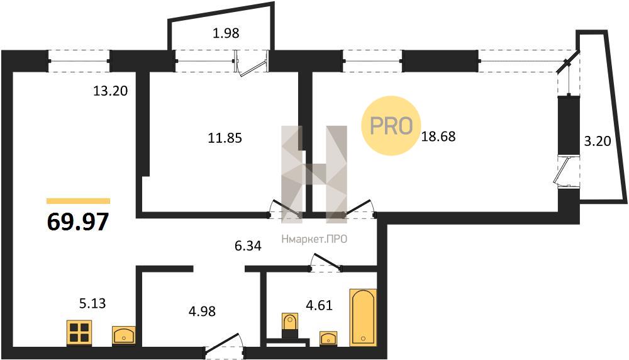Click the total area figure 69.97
(x=78, y=222)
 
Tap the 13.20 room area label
(x=110, y=91)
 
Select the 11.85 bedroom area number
(x=225, y=138)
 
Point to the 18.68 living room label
(x=438, y=137)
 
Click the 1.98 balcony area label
(x=226, y=33)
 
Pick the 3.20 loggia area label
(x=598, y=141)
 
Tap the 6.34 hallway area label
(x=248, y=245)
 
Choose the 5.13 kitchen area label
(x=92, y=303)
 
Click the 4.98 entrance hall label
(x=202, y=311)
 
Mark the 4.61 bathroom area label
(x=319, y=305)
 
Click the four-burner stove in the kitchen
(x=79, y=333)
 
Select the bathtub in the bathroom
(x=363, y=317)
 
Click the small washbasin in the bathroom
(x=328, y=339)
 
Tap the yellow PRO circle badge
(x=391, y=126)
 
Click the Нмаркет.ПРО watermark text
(x=314, y=240)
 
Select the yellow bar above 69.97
(x=78, y=201)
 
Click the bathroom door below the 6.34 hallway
(x=325, y=264)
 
